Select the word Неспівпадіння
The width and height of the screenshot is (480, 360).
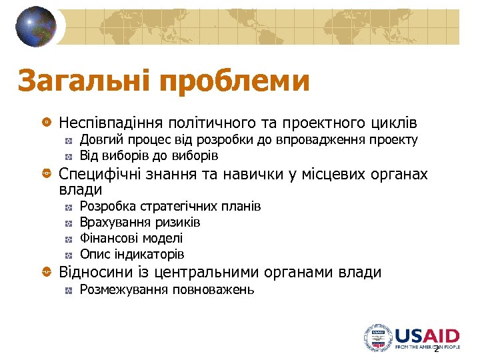[x=111, y=123]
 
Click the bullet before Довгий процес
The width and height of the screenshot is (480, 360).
[x=69, y=141]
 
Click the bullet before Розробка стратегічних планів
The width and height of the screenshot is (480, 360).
[x=69, y=207]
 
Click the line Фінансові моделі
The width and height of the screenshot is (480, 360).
[x=131, y=238]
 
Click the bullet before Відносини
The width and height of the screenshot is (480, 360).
[x=46, y=273]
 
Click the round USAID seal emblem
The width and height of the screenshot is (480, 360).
[x=377, y=337]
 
